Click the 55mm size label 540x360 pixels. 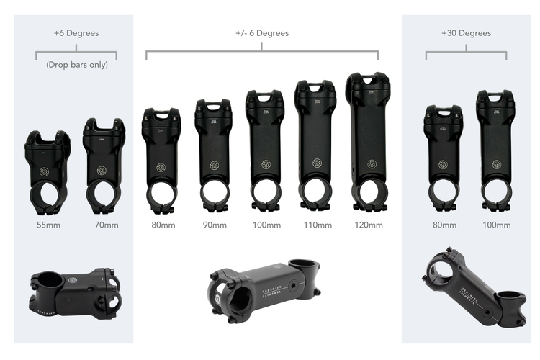point(48,225)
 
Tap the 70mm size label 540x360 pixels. point(106,225)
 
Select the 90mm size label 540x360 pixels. point(214,225)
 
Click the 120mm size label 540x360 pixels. point(367,225)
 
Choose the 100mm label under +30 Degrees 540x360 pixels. point(495,225)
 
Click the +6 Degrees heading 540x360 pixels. point(76,33)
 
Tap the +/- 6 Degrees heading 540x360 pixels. point(262,33)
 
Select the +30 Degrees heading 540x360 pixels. point(466,33)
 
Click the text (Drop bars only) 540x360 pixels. point(76,65)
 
